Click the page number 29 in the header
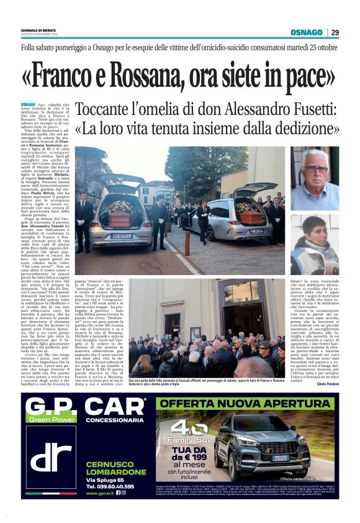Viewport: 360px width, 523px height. [335, 32]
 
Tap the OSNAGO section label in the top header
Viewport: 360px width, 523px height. [306, 32]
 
